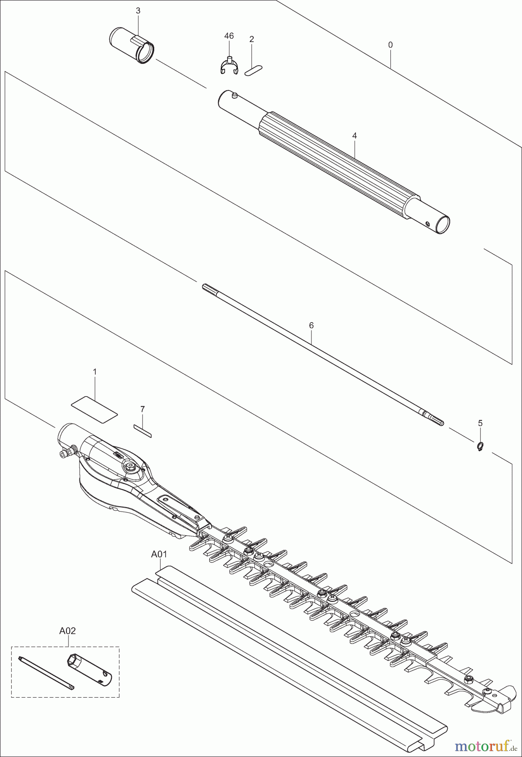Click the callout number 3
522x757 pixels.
pos(138,11)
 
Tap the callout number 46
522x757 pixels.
pos(229,36)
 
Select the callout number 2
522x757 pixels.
pos(251,40)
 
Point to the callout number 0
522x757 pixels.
pos(390,45)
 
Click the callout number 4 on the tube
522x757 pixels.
pos(354,136)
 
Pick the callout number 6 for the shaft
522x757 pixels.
pos(311,325)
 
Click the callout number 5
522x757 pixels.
pos(480,423)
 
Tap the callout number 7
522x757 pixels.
pos(142,409)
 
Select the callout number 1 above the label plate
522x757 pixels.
pos(95,372)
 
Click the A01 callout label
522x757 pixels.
pos(159,554)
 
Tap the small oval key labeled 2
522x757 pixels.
pos(253,70)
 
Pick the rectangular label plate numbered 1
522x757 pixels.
pos(94,407)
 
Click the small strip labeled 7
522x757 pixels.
pos(143,431)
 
